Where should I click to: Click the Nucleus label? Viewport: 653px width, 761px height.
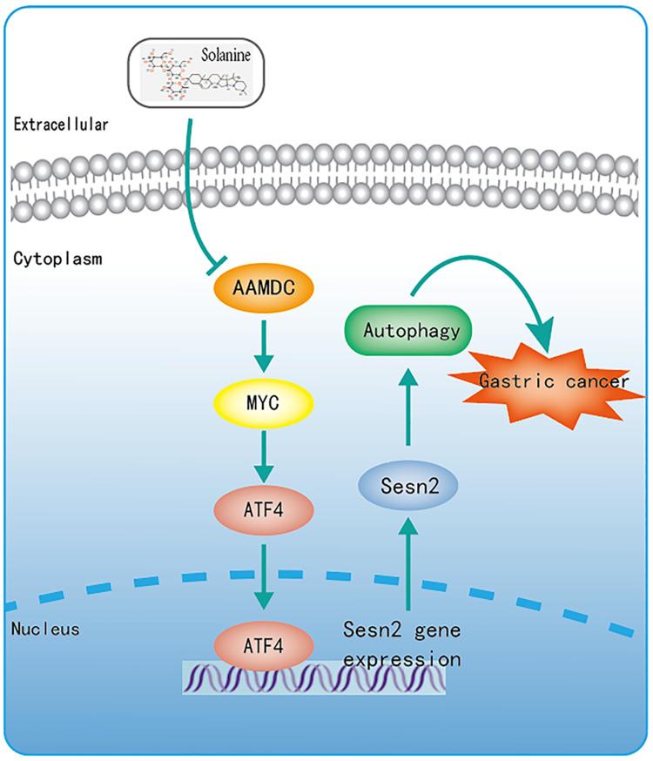pos(43,628)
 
